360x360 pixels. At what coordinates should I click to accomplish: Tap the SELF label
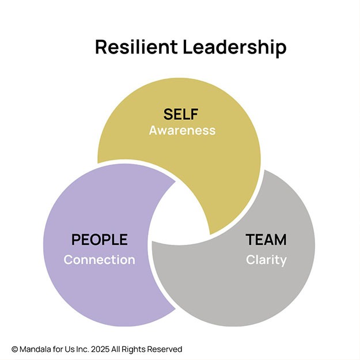click(x=181, y=114)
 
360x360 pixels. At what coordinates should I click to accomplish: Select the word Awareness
click(x=182, y=130)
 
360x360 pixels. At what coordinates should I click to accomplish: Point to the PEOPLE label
click(x=100, y=240)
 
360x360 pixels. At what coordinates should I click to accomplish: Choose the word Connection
click(x=100, y=260)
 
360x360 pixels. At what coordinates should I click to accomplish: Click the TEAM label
click(x=266, y=240)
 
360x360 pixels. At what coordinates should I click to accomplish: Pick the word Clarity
click(x=266, y=260)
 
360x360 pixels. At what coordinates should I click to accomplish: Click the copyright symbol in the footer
click(x=14, y=349)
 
